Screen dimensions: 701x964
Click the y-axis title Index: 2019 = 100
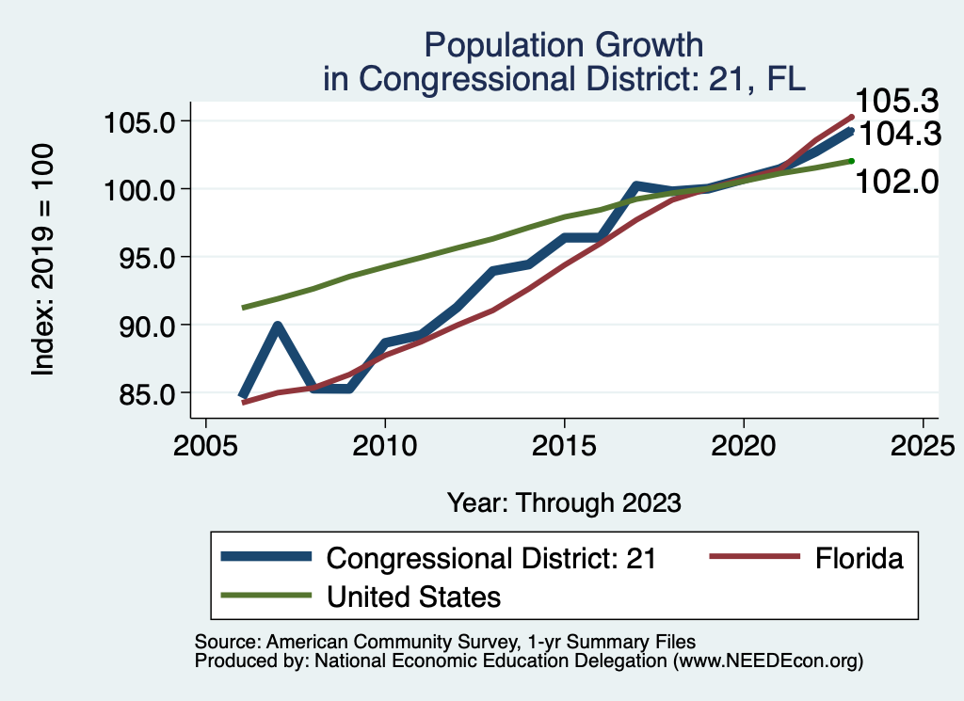click(x=44, y=260)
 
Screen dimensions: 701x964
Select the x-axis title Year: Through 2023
click(x=564, y=502)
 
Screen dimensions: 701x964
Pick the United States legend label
click(x=413, y=596)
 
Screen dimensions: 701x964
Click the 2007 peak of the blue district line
click(x=278, y=327)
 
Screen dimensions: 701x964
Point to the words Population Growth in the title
click(x=564, y=44)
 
